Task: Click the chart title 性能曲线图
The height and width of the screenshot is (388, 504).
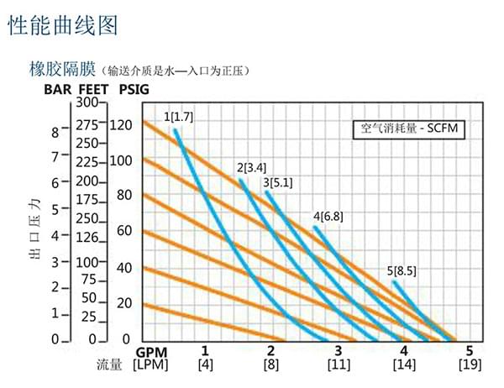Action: pos(63,25)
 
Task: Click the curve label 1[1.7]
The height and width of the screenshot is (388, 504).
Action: pos(178,116)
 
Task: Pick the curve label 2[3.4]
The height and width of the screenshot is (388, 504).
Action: pos(252,167)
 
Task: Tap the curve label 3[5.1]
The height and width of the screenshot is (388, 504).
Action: pos(277,181)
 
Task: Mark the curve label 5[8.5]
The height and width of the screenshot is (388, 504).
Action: pos(402,270)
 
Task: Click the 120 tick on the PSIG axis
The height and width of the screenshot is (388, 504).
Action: pos(122,125)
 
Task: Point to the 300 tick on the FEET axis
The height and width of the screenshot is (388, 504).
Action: pos(87,102)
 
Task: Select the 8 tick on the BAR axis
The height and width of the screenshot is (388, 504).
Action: pos(55,132)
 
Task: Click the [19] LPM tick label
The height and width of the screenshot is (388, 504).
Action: pos(469,364)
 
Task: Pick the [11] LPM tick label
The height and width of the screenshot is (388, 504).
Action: pos(338,364)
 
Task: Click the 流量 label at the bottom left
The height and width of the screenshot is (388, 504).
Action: pos(109,364)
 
